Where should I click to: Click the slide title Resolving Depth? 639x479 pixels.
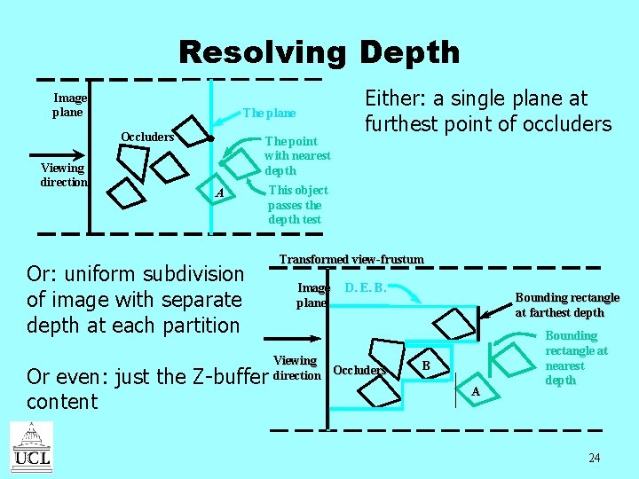click(319, 52)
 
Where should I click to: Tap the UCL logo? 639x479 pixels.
click(31, 447)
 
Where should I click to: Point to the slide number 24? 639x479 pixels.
click(594, 458)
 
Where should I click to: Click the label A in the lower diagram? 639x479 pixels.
click(475, 391)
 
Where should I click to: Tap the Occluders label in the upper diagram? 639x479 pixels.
click(147, 137)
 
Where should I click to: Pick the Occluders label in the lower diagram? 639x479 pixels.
click(359, 370)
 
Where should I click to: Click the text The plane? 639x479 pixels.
click(269, 114)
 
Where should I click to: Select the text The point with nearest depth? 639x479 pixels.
click(297, 155)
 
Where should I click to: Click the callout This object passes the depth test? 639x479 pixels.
click(297, 205)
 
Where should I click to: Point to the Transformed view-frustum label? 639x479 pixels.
click(351, 259)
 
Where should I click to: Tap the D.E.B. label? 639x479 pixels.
click(365, 287)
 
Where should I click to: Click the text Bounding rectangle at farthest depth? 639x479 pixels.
click(567, 304)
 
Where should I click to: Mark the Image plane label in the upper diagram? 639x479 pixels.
click(68, 106)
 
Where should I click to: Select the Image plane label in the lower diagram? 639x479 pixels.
click(313, 294)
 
